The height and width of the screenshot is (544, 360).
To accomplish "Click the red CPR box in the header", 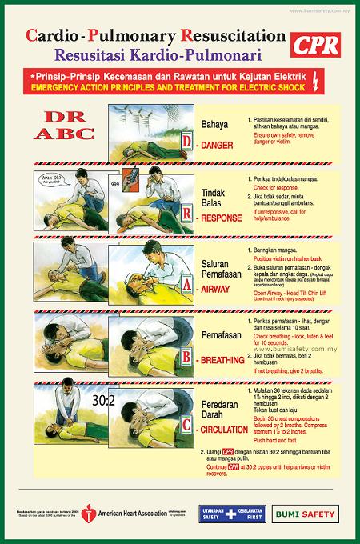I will pos(320,46).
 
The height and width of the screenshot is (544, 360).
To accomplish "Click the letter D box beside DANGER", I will pos(187,142).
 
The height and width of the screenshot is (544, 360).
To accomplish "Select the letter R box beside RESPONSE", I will pos(187,214).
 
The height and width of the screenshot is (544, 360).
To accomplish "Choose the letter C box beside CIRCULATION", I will pos(187,426).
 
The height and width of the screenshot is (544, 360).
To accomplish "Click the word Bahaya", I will pos(214,125).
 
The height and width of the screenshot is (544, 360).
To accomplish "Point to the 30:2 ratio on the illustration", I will pos(104,398).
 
